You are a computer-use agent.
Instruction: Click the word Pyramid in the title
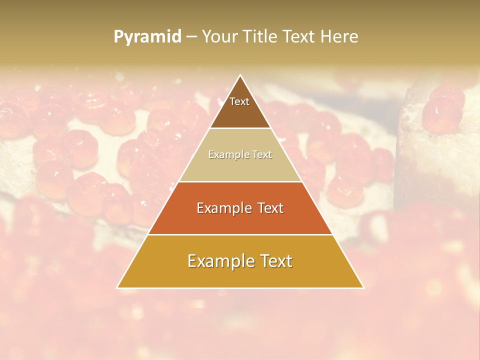[147, 37]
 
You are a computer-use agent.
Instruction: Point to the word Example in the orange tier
[223, 208]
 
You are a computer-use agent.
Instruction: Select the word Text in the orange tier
[270, 208]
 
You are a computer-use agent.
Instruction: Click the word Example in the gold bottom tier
[219, 261]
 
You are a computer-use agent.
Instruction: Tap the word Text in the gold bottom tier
[276, 261]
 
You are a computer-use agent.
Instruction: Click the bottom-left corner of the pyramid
[117, 287]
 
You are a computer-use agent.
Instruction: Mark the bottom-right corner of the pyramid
[363, 287]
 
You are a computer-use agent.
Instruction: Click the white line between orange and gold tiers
[240, 234]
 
